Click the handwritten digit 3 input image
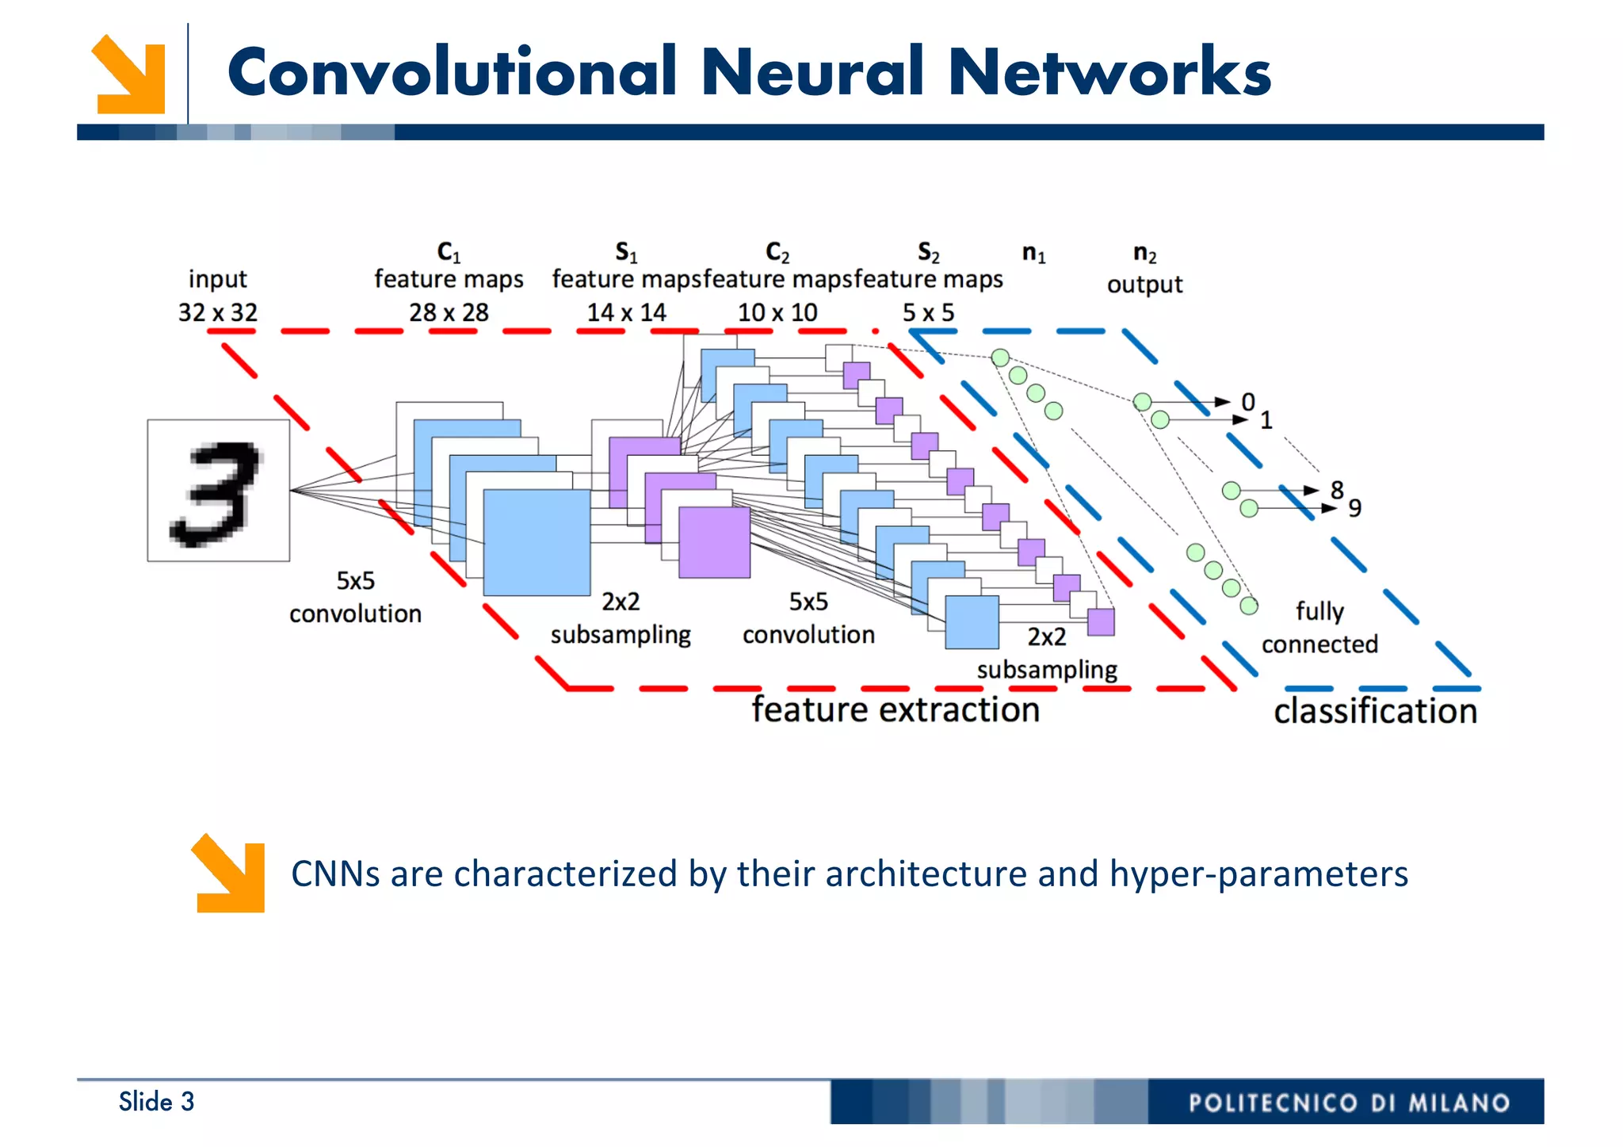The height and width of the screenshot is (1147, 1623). click(218, 490)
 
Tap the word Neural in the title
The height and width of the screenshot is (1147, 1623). click(811, 72)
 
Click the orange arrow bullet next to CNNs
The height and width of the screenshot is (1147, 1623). click(229, 873)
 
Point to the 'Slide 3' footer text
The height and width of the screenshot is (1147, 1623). click(156, 1101)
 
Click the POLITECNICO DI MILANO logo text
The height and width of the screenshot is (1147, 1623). click(1349, 1103)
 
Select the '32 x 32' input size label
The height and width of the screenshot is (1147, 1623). click(218, 312)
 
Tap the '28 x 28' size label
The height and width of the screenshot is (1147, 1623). click(449, 312)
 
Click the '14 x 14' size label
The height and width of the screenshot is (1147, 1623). click(626, 312)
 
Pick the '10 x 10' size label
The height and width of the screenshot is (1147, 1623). click(777, 312)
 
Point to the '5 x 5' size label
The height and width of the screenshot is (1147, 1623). click(928, 312)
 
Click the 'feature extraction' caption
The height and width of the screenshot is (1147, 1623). click(896, 709)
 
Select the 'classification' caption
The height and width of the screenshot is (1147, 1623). click(1375, 711)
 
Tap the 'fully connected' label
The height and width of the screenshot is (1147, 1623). click(1319, 628)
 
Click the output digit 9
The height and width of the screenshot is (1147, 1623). click(1355, 508)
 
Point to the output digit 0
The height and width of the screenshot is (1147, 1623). click(1248, 402)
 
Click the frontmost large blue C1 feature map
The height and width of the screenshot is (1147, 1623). click(537, 542)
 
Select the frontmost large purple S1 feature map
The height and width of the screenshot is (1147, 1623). click(714, 542)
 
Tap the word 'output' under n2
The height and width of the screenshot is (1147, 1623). click(1144, 285)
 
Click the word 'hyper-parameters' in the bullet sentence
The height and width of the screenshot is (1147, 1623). click(1258, 874)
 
